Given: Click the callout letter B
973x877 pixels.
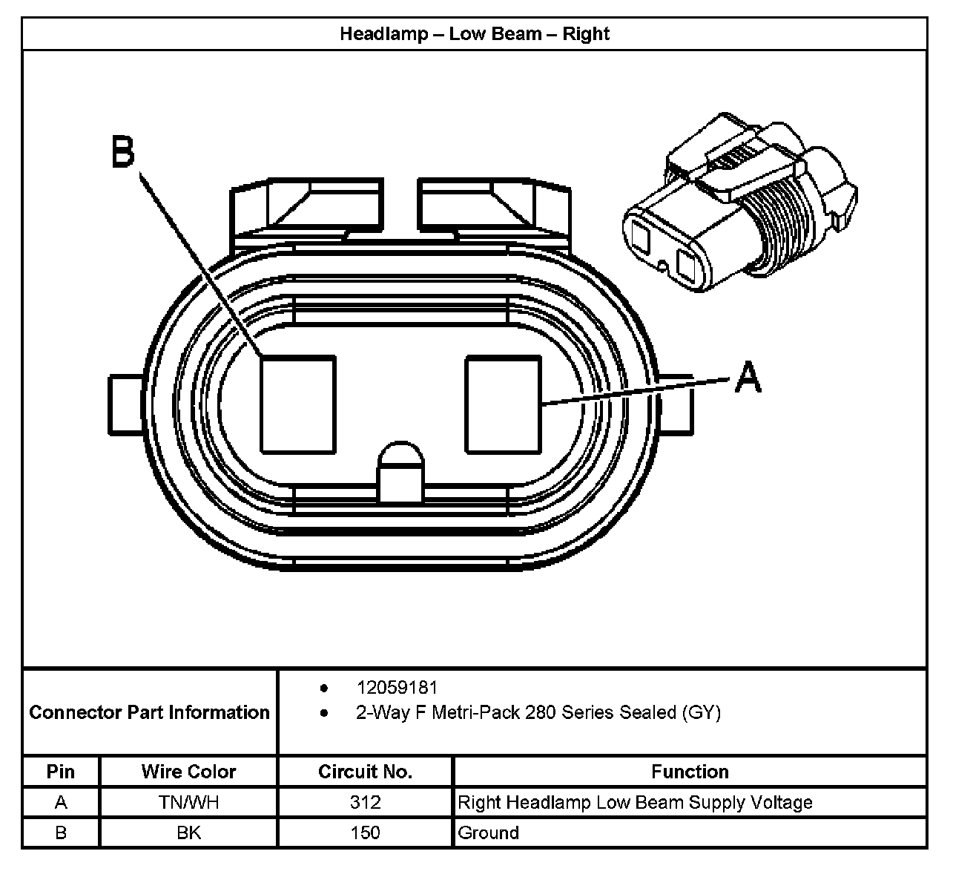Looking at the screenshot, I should pyautogui.click(x=123, y=151).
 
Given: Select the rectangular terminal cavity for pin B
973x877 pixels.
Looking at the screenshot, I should pyautogui.click(x=298, y=404).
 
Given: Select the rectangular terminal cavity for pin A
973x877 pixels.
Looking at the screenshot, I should pyautogui.click(x=503, y=404).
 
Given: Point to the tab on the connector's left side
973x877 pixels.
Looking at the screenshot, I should pyautogui.click(x=125, y=404).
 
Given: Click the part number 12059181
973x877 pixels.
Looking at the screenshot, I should pyautogui.click(x=397, y=688).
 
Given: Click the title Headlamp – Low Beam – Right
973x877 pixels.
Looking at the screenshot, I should pyautogui.click(x=475, y=34).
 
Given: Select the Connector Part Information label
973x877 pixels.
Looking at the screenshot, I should pyautogui.click(x=149, y=712).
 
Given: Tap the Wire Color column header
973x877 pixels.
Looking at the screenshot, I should pyautogui.click(x=188, y=772).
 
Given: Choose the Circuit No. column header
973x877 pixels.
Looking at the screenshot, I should pyautogui.click(x=365, y=772).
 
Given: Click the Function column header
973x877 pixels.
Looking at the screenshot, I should pyautogui.click(x=690, y=772).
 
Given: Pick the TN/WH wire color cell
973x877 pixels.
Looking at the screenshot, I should pyautogui.click(x=188, y=802).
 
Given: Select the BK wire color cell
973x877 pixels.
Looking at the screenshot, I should pyautogui.click(x=188, y=832).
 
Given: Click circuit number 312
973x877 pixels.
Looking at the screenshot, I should pyautogui.click(x=365, y=802).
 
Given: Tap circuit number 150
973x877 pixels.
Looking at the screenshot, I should pyautogui.click(x=365, y=832).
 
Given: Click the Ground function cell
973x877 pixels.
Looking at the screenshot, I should pyautogui.click(x=489, y=832).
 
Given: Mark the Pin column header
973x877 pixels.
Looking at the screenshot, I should pyautogui.click(x=61, y=772).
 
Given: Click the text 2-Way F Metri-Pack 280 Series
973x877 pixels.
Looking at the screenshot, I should pyautogui.click(x=504, y=713).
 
